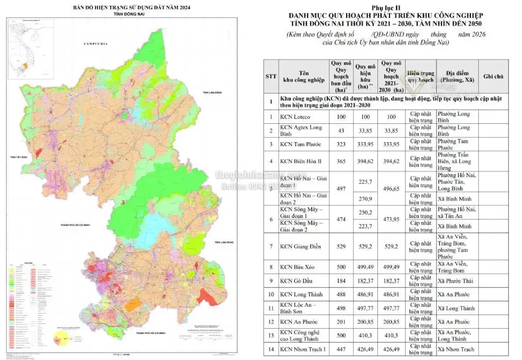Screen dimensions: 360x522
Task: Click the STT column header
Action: (x=271, y=76)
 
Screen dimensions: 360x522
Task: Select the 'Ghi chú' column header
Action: (x=494, y=76)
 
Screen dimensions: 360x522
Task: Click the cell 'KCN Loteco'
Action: (x=294, y=117)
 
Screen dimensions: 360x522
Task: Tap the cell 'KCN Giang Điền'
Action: (x=301, y=246)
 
